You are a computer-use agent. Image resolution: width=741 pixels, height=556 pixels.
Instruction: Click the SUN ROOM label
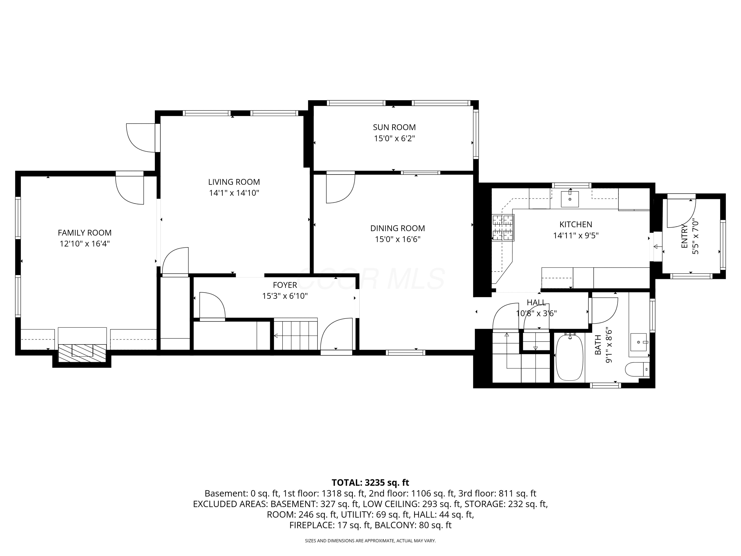(394, 127)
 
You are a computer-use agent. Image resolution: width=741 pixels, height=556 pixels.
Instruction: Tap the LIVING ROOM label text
(234, 182)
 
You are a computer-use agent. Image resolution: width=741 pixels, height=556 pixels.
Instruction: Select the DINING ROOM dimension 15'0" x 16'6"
(398, 239)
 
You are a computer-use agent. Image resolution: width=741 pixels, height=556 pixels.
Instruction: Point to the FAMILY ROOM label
(85, 233)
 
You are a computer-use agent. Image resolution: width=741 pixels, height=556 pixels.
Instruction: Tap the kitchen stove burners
(503, 228)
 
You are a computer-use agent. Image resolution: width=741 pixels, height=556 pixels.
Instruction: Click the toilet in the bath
(637, 369)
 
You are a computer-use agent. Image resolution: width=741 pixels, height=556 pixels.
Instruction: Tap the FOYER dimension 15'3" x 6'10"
(285, 296)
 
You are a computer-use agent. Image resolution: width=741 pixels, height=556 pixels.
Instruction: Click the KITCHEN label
(576, 225)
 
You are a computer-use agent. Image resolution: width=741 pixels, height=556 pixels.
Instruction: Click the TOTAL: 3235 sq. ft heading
(370, 483)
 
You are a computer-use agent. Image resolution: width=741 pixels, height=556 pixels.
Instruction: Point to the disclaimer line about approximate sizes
(370, 541)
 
